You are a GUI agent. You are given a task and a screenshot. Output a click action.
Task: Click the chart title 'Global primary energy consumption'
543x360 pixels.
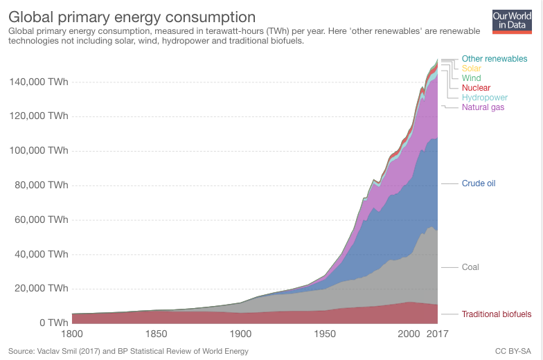132,16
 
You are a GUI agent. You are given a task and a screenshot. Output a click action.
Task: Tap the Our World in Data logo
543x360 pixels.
511,21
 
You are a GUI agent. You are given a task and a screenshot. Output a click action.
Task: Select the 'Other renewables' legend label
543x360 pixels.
495,59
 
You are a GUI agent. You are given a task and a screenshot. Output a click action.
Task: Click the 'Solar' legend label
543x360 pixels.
471,69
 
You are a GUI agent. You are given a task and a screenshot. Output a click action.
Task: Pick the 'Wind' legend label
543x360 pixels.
471,78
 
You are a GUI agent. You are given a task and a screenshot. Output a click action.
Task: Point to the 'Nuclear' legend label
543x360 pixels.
476,88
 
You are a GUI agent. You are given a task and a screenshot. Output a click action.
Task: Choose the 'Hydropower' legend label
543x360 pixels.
485,98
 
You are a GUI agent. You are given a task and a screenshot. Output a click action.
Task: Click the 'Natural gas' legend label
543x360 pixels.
483,107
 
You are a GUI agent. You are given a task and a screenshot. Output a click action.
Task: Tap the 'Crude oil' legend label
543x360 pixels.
479,183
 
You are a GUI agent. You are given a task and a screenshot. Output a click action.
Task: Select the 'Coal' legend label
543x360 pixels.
470,267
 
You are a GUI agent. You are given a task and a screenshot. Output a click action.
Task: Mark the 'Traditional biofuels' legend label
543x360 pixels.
497,314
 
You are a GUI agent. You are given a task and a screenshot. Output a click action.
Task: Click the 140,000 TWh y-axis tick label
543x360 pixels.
39,82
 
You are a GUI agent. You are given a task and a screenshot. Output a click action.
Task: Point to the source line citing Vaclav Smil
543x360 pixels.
128,351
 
